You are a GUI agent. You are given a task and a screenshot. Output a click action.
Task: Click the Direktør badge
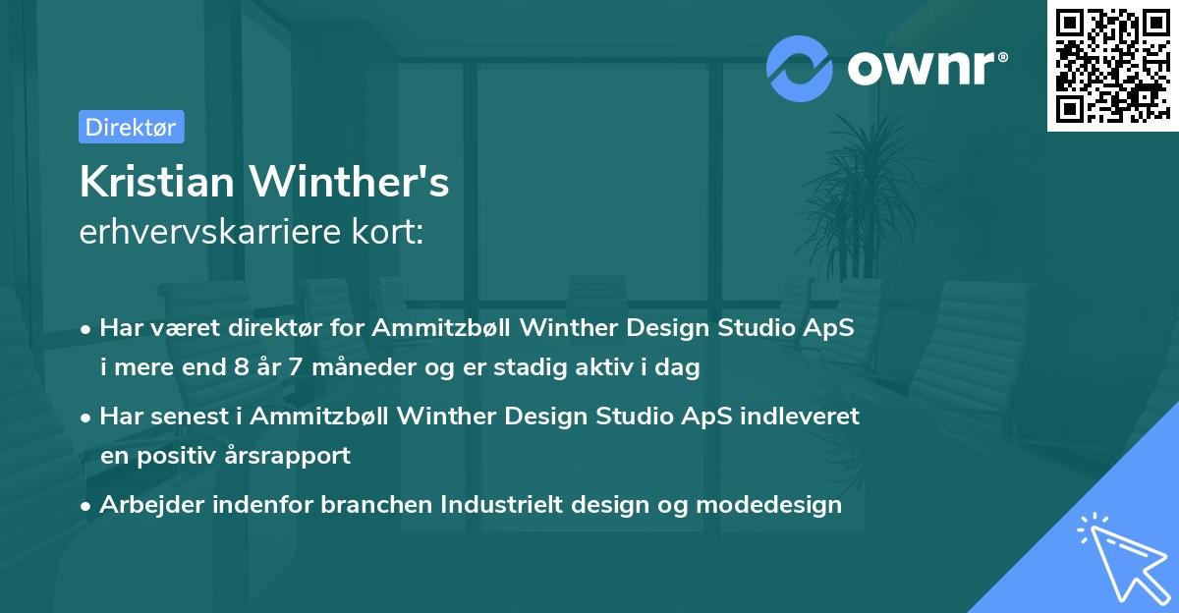[x=131, y=127]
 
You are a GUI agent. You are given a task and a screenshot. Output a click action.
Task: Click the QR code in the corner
[x=1112, y=66]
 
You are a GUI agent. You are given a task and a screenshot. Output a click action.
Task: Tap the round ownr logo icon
[x=800, y=68]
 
